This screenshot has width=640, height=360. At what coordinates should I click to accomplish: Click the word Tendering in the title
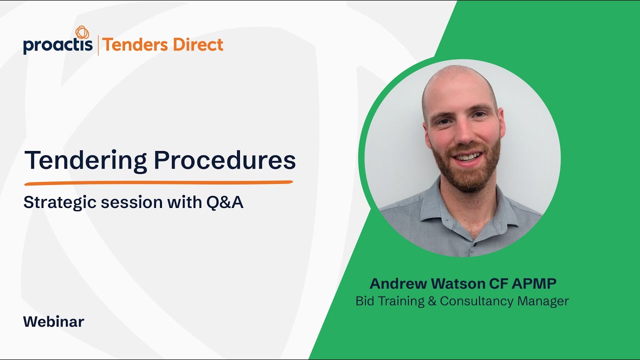pos(85,160)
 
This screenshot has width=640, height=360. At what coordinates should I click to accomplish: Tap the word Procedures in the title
pos(224,160)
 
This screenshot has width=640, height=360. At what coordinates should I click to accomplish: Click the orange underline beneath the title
pos(158,182)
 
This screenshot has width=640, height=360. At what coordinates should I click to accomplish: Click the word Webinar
pos(53,321)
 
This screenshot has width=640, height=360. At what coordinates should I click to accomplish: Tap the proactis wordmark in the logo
pos(58,45)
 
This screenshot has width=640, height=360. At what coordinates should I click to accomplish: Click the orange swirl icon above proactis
pos(82,32)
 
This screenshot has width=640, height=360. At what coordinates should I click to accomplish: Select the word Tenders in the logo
pos(130,45)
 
